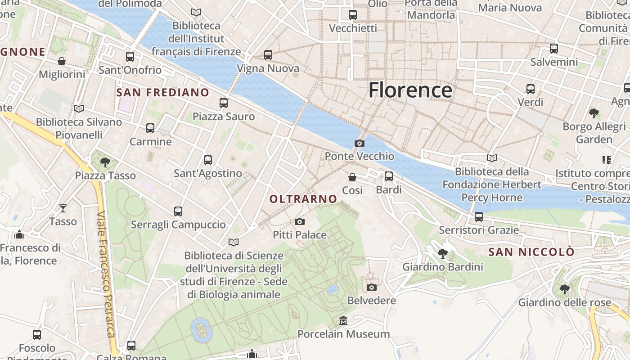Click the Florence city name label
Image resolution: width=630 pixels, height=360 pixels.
[x=410, y=90]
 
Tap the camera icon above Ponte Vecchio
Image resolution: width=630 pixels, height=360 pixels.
[x=360, y=143]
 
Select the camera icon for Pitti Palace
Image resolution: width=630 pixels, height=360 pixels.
[x=300, y=221]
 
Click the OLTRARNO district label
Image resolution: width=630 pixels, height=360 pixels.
[x=303, y=199]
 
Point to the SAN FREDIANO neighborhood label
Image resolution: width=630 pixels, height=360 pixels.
[x=162, y=93]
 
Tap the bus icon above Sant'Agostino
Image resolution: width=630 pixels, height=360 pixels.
[x=208, y=160]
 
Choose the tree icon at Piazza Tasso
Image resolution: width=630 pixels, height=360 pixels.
[x=105, y=162]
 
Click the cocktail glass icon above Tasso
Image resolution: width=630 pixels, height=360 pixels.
[x=63, y=208]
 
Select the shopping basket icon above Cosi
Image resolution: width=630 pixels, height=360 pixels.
[x=352, y=177]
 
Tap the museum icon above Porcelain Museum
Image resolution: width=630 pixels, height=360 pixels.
[x=344, y=321]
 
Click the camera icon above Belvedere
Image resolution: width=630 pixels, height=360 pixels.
[x=372, y=287]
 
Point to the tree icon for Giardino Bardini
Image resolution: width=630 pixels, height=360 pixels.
[x=443, y=254]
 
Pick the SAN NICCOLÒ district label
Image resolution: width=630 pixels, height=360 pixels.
[x=531, y=252]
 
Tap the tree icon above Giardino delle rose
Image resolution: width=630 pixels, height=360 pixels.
[x=565, y=289]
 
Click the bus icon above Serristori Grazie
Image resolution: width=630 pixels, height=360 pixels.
[x=479, y=217]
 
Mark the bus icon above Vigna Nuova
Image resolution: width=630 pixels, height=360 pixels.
[x=268, y=55]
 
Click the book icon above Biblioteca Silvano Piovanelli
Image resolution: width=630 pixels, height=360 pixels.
[x=79, y=108]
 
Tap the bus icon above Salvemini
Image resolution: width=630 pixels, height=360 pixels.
[x=554, y=48]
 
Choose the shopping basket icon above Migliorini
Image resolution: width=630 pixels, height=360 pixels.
[x=62, y=61]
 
